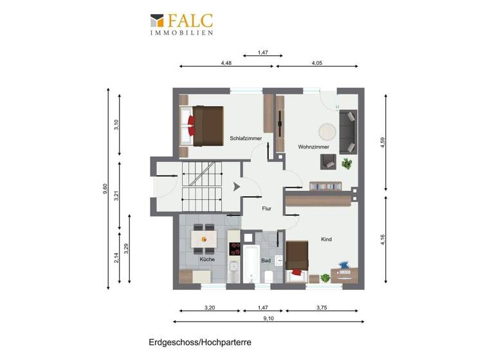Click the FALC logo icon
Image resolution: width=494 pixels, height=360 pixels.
(x=157, y=21)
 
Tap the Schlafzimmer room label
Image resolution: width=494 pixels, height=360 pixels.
(x=244, y=138)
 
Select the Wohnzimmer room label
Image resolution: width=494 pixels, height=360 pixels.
(x=313, y=147)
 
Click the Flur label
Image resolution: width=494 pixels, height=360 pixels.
(x=266, y=208)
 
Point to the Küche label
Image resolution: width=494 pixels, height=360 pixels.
(x=207, y=259)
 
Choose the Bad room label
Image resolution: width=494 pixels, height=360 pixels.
(x=266, y=261)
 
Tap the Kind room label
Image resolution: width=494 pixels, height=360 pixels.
(x=326, y=239)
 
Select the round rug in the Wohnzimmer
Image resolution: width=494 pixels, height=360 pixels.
(x=327, y=130)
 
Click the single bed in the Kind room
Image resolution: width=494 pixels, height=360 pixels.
(x=298, y=259)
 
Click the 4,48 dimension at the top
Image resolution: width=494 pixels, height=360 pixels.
(x=226, y=64)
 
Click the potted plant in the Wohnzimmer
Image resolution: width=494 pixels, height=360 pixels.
(x=347, y=163)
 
